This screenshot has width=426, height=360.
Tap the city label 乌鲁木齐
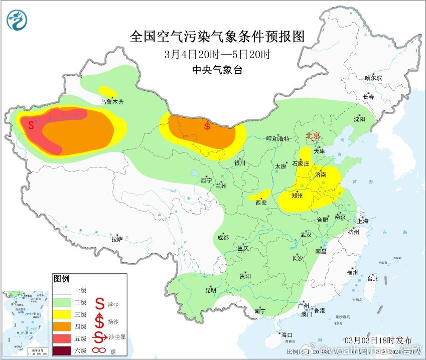click(x=111, y=101)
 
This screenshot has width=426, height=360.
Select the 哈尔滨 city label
click(x=373, y=78)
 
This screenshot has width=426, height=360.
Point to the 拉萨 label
click(x=116, y=239)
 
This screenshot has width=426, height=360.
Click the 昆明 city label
click(x=210, y=290)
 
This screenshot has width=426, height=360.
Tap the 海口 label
click(x=287, y=334)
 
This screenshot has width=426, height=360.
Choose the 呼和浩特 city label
click(x=277, y=139)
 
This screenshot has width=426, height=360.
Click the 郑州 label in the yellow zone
click(x=297, y=196)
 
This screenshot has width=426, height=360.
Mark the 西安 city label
click(x=261, y=203)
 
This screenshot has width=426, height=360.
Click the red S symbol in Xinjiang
click(x=31, y=124)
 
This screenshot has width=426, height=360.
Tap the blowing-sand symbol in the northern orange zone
click(x=207, y=126)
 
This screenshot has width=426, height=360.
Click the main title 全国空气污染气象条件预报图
click(x=217, y=37)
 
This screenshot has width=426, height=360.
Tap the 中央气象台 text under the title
click(x=217, y=70)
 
